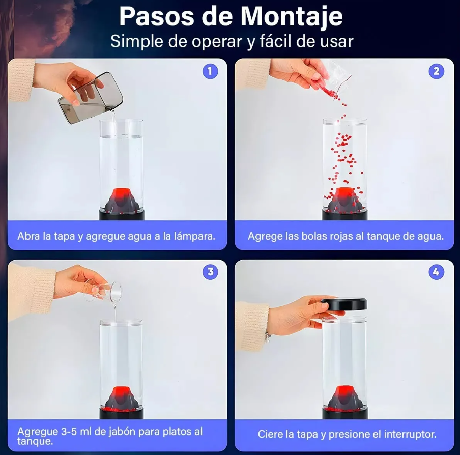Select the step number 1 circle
coord(210,71)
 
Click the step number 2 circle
coord(436,71)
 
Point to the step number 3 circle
coord(210,272)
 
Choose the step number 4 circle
coord(436,272)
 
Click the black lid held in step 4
coord(344,304)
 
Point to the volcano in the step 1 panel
coord(122,200)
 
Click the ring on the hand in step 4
coord(267,337)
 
